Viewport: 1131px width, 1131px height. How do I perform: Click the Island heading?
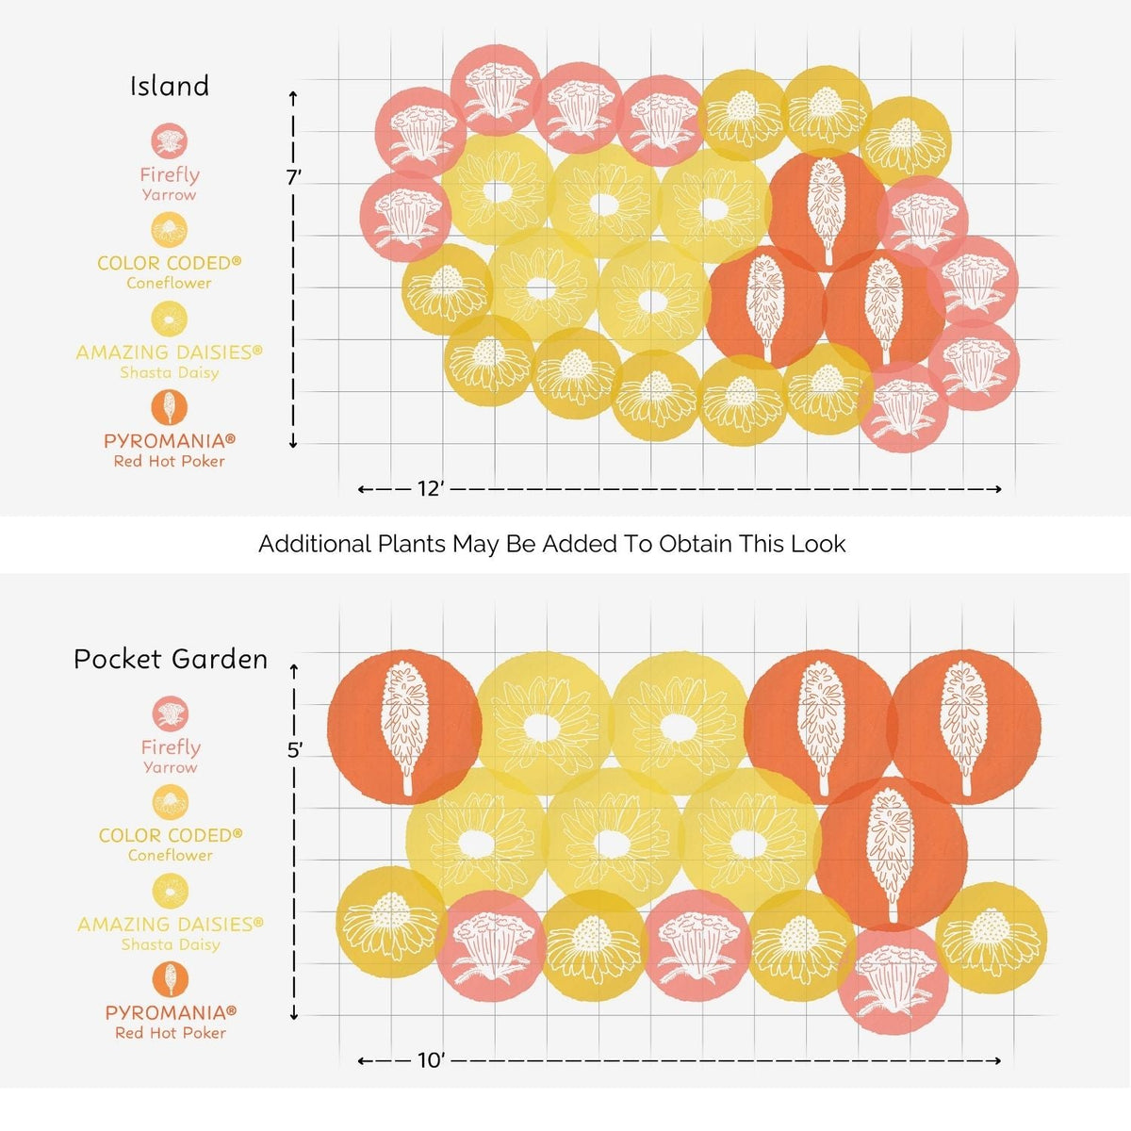[170, 87]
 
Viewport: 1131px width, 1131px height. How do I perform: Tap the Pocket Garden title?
[171, 659]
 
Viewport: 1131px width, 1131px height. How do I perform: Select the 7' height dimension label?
[294, 177]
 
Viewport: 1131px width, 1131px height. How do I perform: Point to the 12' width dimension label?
[430, 488]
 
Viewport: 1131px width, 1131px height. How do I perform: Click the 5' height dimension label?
[295, 750]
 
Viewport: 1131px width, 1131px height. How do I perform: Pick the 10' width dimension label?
[432, 1060]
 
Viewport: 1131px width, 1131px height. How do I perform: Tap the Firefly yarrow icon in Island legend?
[169, 141]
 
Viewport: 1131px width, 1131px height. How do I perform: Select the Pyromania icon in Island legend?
[169, 407]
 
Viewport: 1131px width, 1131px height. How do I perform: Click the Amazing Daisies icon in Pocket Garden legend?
[171, 892]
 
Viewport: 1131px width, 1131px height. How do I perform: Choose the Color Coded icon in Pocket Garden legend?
[171, 802]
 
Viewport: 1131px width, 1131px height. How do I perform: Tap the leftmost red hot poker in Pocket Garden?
[404, 728]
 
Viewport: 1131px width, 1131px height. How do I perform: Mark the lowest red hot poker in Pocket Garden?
[891, 854]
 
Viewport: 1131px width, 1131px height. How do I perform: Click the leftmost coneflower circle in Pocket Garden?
[391, 922]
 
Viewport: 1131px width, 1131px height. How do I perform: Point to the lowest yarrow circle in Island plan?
[904, 407]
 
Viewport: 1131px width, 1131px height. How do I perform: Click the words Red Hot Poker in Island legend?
[169, 461]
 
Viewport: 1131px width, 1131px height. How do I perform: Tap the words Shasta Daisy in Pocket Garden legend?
[171, 945]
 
